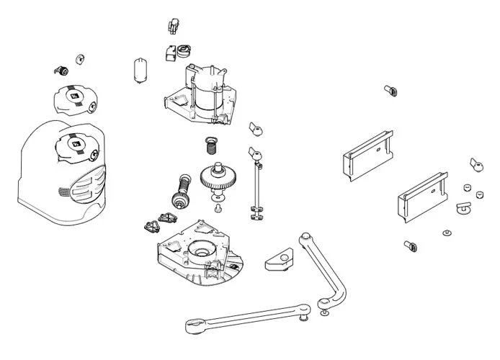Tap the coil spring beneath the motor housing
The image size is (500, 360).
click(212, 145)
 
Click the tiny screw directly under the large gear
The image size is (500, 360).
click(218, 208)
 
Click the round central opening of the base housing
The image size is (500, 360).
click(200, 249)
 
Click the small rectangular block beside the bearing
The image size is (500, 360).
click(170, 53)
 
